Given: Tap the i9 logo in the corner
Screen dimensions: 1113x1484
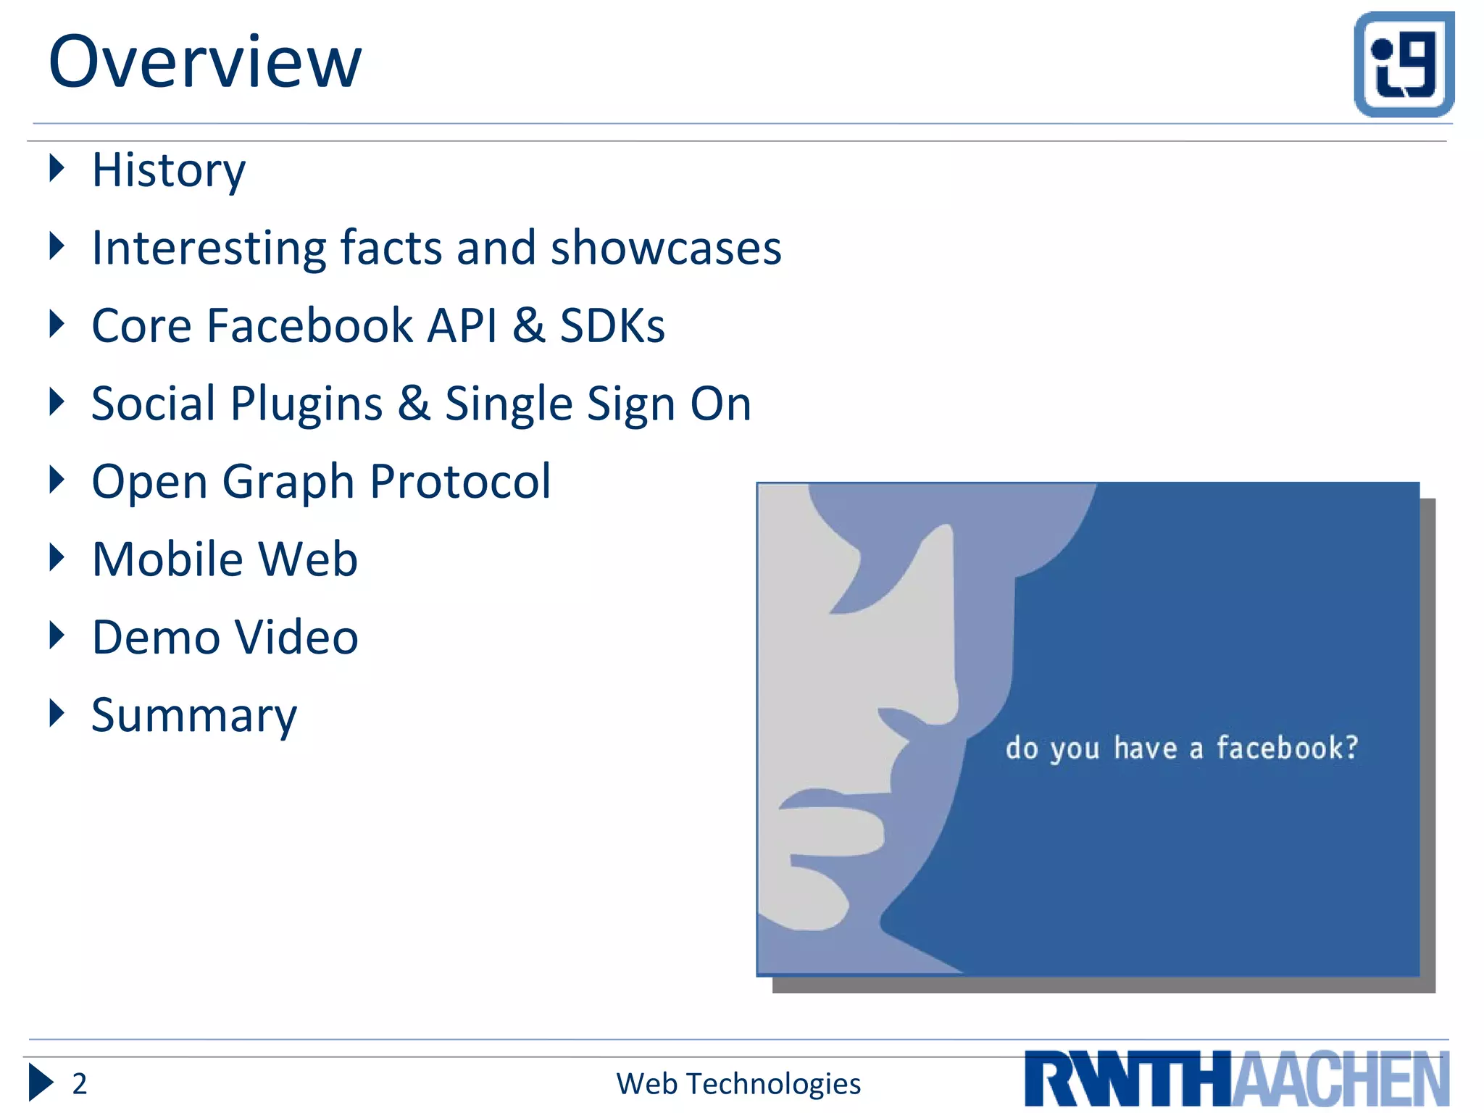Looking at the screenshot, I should click(x=1404, y=64).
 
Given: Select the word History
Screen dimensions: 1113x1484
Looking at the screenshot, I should click(x=168, y=171).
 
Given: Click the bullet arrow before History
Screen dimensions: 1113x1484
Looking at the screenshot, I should click(x=57, y=168).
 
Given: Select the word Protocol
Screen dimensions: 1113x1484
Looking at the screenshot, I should click(x=460, y=481).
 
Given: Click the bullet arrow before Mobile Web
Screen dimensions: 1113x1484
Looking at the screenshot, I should click(x=57, y=557).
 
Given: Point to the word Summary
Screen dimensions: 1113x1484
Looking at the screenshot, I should click(x=193, y=716).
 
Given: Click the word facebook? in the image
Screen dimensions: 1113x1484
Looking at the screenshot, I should click(x=1287, y=748).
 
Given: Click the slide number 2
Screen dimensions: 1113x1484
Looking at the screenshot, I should click(x=79, y=1084).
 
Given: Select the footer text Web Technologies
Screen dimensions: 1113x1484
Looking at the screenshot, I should click(x=738, y=1084).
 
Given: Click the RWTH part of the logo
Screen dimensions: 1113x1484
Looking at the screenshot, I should click(x=1127, y=1080).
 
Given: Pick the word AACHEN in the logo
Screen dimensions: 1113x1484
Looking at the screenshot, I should click(x=1341, y=1080).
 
